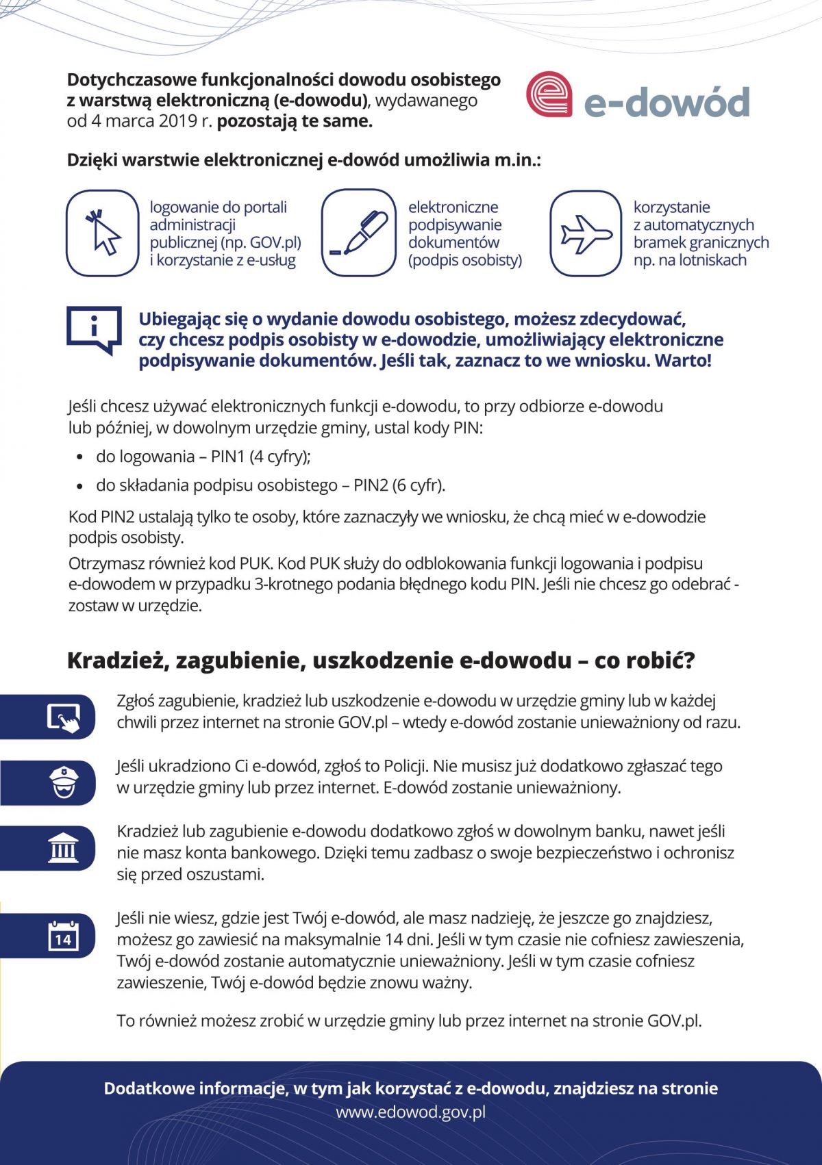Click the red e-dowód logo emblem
(x=549, y=95)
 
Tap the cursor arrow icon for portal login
(x=103, y=233)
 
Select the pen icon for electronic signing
(x=358, y=233)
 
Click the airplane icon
(x=586, y=233)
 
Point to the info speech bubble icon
(x=94, y=329)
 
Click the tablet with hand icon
(x=63, y=717)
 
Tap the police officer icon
(x=64, y=782)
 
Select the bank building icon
(x=64, y=847)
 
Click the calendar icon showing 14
(x=63, y=935)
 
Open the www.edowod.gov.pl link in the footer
(x=410, y=1112)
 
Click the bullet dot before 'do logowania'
(x=81, y=457)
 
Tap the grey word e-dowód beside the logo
(x=667, y=102)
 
